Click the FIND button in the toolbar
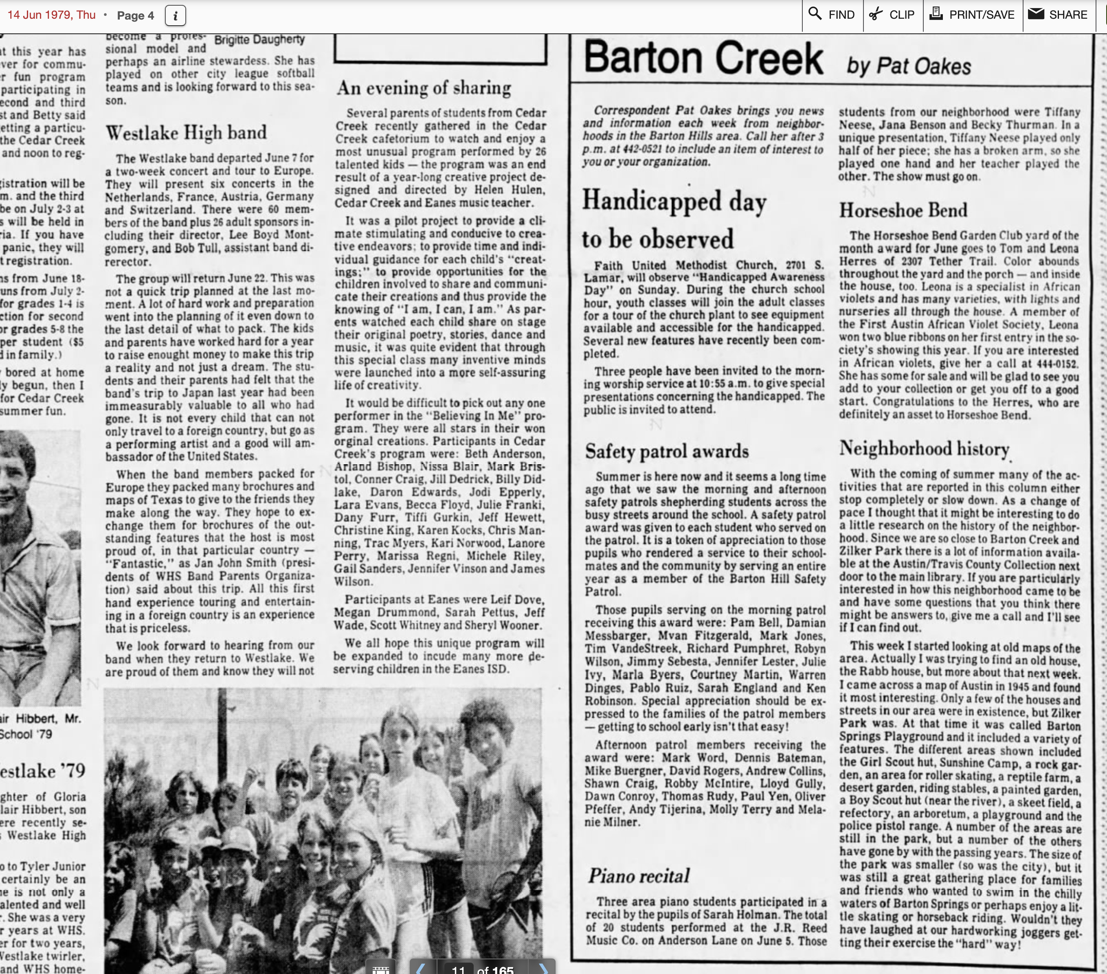click(x=832, y=15)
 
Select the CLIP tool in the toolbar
click(x=892, y=15)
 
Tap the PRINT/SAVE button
click(x=972, y=15)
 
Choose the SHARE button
click(x=1058, y=15)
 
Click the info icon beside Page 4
click(x=175, y=16)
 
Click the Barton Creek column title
click(x=703, y=59)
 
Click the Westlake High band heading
click(x=186, y=133)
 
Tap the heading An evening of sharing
click(x=424, y=88)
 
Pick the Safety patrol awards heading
click(x=667, y=451)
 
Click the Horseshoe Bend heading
click(x=903, y=210)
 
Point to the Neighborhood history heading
click(x=924, y=449)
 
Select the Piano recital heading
click(x=639, y=875)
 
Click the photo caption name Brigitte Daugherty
click(x=259, y=39)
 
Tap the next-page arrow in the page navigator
click(x=543, y=968)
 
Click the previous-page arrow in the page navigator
click(x=421, y=968)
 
